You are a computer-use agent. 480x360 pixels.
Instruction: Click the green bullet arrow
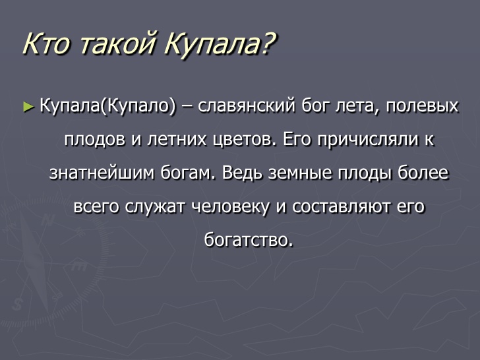(x=28, y=107)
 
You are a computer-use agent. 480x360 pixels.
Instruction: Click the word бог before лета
(x=315, y=106)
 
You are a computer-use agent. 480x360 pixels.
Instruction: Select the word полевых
(x=422, y=106)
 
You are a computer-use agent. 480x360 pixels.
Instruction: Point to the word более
(x=423, y=173)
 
